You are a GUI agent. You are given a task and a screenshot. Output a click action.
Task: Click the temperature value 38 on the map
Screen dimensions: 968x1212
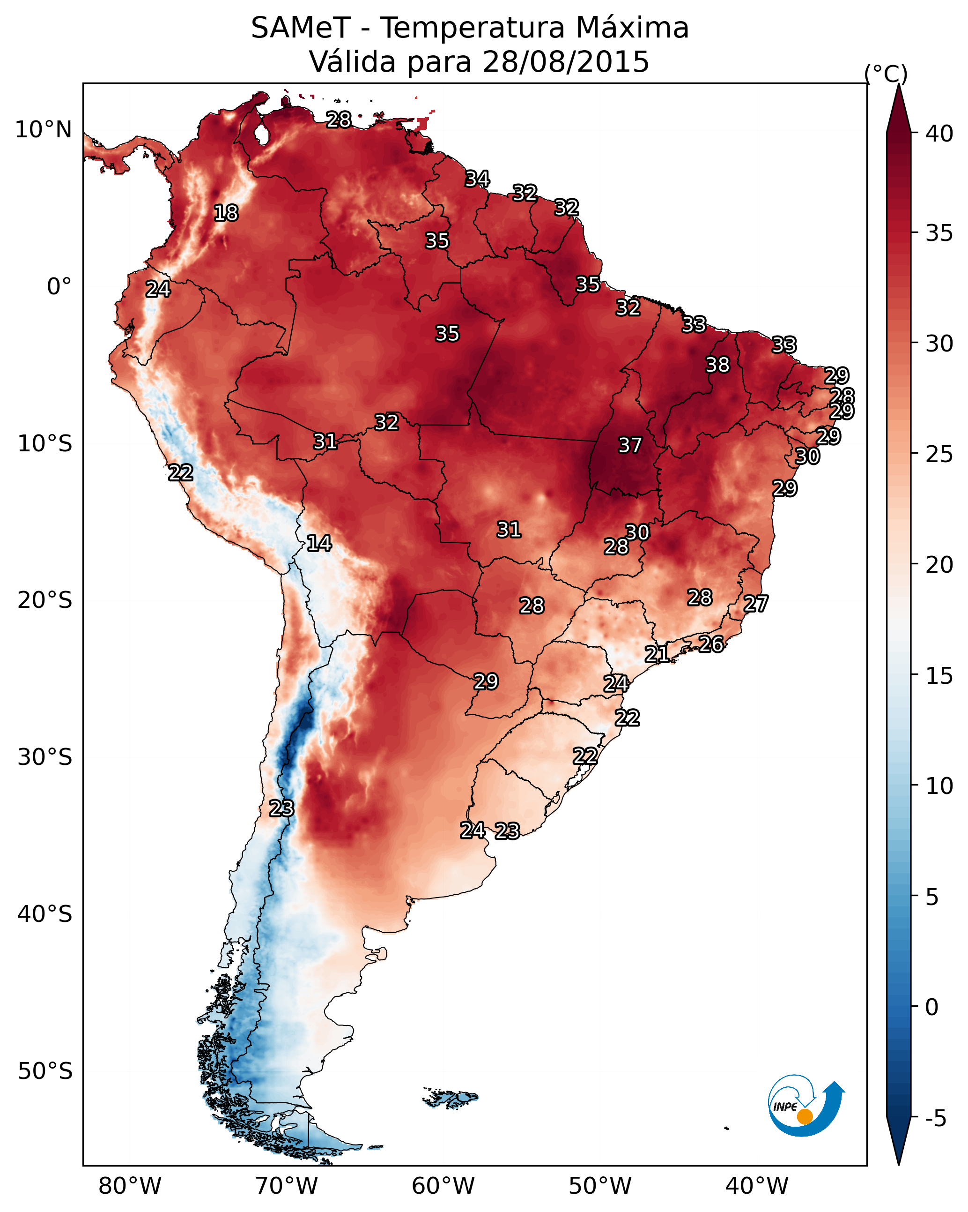[x=717, y=365]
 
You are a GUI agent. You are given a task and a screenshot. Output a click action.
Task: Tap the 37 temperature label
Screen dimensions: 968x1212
[x=630, y=445]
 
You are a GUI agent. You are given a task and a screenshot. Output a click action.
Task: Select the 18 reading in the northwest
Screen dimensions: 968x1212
[x=226, y=213]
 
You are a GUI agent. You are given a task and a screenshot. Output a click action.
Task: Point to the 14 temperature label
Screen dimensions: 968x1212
[x=319, y=543]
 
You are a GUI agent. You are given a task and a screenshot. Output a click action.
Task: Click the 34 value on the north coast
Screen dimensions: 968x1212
[x=477, y=179]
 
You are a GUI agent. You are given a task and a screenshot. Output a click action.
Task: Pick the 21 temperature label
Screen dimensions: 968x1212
[x=657, y=654]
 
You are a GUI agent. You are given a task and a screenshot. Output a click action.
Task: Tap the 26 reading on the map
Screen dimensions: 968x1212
[x=711, y=644]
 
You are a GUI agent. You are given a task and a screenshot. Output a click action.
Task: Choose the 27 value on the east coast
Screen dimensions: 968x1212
[x=756, y=604]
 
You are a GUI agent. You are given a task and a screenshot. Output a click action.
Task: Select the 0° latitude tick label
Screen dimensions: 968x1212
[x=59, y=287]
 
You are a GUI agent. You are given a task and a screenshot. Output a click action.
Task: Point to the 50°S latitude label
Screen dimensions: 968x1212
[x=45, y=1071]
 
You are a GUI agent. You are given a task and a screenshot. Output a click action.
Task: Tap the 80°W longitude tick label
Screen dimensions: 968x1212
[x=130, y=1186]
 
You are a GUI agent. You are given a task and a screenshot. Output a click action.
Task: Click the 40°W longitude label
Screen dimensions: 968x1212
[x=757, y=1186]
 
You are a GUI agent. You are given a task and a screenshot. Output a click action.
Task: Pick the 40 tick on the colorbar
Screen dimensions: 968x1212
[x=939, y=134]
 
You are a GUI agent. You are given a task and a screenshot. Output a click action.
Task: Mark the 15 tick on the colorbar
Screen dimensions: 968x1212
[x=939, y=676]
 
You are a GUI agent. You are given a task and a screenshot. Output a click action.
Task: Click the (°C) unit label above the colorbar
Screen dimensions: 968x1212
[x=886, y=74]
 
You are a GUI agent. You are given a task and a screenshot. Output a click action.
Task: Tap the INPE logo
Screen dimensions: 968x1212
[x=806, y=1106]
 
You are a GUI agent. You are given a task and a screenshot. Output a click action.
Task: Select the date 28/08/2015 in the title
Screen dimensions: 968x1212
[x=566, y=62]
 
